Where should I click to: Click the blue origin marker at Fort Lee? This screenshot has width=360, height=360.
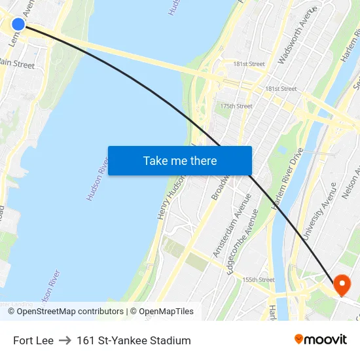click(x=18, y=24)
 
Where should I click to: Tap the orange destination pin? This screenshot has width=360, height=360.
click(x=342, y=284)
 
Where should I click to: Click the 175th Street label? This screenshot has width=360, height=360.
click(x=236, y=106)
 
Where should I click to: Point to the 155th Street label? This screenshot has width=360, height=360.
click(x=257, y=279)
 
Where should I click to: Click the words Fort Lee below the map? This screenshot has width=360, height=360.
click(x=33, y=340)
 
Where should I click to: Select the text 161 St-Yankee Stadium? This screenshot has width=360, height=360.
click(x=134, y=340)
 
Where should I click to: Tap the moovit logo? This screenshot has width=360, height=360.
click(x=320, y=339)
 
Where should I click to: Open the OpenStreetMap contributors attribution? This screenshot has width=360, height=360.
click(x=70, y=312)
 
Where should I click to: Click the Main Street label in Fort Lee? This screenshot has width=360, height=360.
click(x=17, y=64)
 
